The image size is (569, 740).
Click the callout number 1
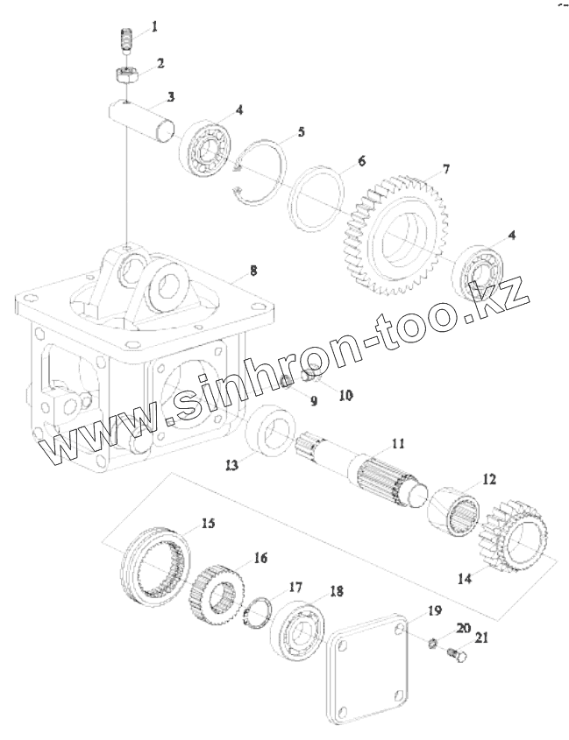click(x=154, y=27)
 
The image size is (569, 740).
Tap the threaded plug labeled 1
click(x=125, y=39)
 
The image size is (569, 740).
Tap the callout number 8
click(x=253, y=271)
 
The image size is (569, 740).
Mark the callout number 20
click(x=462, y=628)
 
